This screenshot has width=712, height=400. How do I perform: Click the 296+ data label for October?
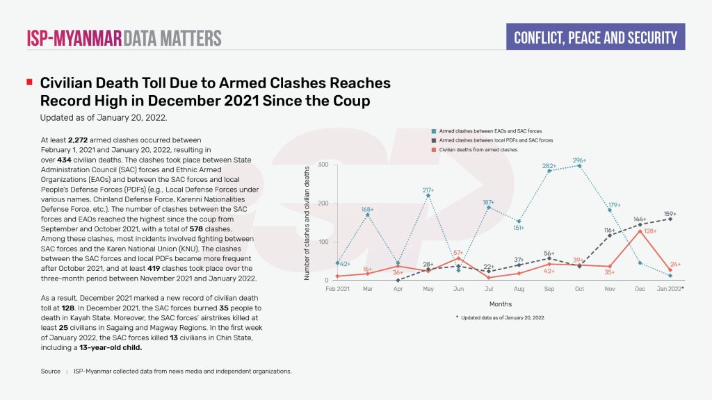[x=579, y=160]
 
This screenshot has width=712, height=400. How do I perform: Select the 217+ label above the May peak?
[x=428, y=190]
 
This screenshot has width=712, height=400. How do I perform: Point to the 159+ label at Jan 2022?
[x=670, y=214]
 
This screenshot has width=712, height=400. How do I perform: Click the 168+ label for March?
[x=367, y=209]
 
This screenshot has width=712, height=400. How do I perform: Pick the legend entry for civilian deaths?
[x=478, y=149]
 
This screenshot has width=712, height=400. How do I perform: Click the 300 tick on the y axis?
[x=323, y=165]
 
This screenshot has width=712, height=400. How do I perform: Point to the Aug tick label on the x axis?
[x=519, y=288]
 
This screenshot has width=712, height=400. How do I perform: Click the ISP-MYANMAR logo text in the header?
[x=74, y=37]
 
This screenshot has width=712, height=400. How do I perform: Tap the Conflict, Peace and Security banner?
[x=595, y=37]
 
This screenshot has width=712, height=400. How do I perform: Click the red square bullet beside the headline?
[x=29, y=83]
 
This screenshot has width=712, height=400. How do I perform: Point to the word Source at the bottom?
[x=50, y=372]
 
